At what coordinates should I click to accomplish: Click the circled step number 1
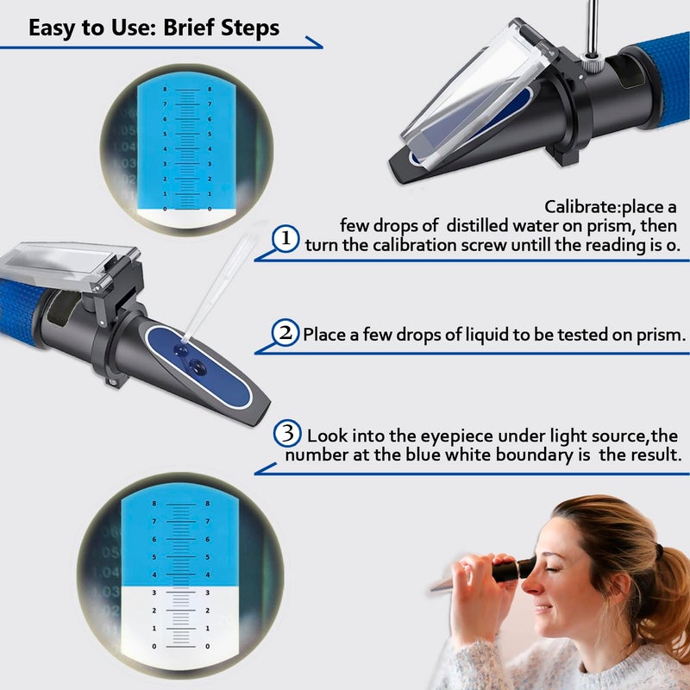point(286,240)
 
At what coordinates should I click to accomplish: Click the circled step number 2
point(285,334)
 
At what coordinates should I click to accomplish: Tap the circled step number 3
point(288,432)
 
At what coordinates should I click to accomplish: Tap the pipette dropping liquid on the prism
point(216,289)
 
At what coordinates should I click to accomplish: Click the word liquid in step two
point(453,335)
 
